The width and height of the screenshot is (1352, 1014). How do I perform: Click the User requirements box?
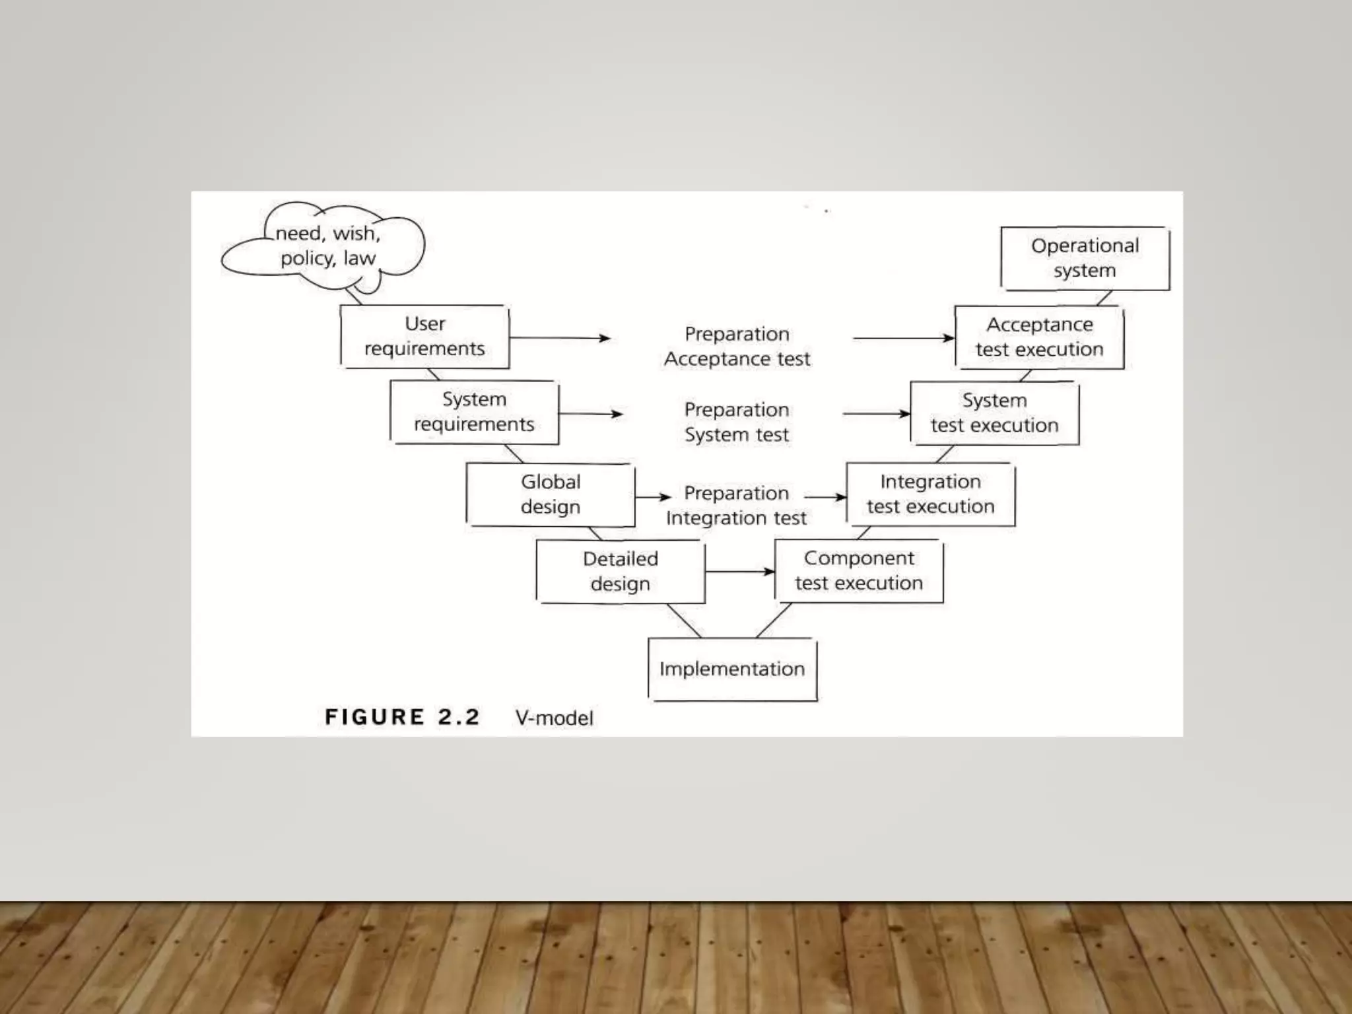424,337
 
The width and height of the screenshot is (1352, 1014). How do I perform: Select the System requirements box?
474,412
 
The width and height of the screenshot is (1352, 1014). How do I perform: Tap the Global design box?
551,494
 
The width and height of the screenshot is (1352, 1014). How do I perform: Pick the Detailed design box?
621,571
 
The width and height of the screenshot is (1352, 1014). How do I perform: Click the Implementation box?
732,669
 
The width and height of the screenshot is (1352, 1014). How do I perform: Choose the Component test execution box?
859,571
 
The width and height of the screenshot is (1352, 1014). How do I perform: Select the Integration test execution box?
930,494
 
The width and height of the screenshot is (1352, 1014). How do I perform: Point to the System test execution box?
994,413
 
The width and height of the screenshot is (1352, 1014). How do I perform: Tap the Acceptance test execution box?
1039,337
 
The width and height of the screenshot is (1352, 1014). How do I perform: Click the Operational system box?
1085,258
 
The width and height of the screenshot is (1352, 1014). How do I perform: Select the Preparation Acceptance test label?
737,347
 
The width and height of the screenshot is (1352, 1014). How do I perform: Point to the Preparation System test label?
737,422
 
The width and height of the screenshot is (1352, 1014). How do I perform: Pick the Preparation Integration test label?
736,506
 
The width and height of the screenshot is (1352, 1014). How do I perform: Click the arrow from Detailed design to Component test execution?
739,571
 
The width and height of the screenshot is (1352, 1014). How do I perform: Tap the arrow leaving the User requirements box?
560,338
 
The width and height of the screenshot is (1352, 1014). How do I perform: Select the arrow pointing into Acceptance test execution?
903,338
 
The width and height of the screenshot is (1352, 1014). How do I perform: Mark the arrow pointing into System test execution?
876,414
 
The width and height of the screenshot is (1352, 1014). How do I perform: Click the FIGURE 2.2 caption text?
402,717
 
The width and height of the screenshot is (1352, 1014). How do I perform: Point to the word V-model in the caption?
555,718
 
